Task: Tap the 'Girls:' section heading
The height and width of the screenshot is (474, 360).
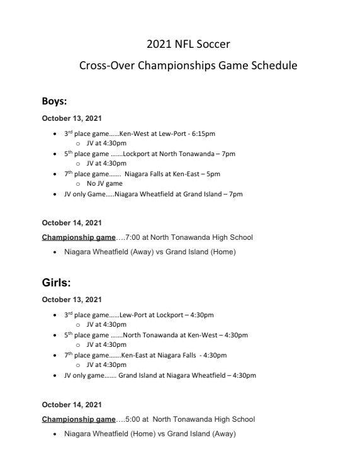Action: pos(57,282)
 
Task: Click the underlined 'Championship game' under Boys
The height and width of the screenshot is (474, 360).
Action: pos(79,237)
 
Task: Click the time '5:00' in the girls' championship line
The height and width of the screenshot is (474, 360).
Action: pos(133,419)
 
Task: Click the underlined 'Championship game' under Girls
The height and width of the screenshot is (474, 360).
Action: pos(79,419)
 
